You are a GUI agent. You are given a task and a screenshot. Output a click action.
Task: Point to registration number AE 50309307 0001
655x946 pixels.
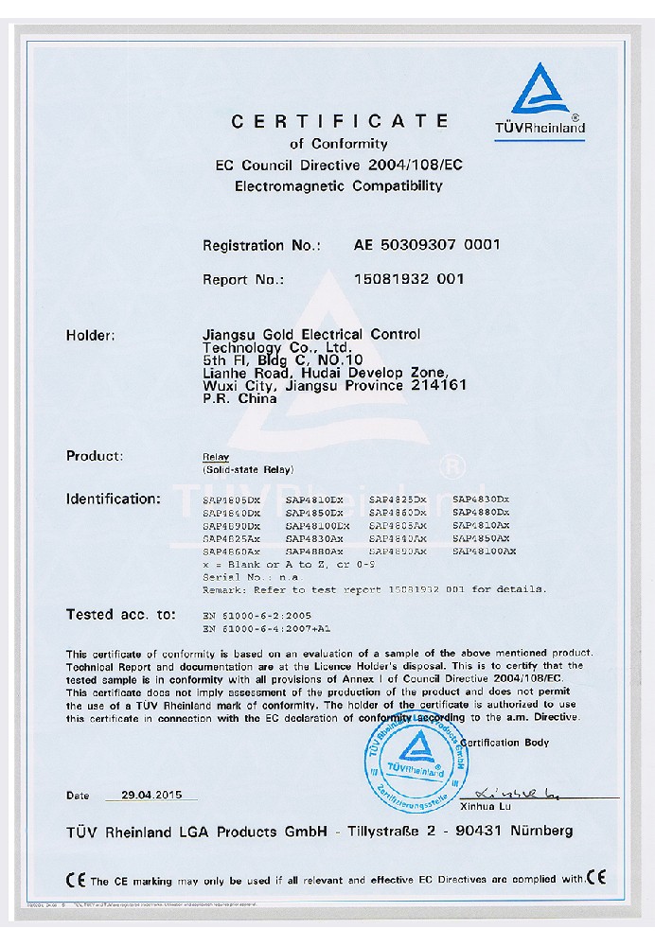[x=426, y=245]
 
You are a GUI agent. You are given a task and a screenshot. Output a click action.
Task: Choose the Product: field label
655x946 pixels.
[x=95, y=456]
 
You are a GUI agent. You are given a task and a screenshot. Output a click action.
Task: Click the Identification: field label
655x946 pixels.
[x=114, y=499]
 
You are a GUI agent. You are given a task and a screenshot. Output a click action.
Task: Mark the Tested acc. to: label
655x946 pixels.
[x=121, y=614]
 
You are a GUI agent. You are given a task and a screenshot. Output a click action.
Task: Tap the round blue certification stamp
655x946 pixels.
[x=416, y=754]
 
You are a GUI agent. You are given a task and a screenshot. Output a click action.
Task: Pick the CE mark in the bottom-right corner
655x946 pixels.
[x=596, y=878]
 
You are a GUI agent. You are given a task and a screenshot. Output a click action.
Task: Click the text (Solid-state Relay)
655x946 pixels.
[x=248, y=470]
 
